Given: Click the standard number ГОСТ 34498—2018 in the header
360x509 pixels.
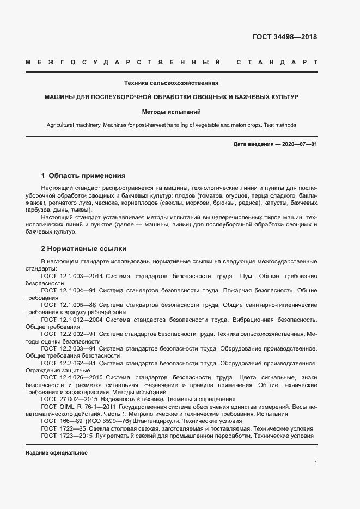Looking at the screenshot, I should coord(284,37).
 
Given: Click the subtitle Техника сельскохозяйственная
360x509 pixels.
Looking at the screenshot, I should coord(172,83).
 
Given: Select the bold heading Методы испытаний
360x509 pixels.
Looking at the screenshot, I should coord(172,112).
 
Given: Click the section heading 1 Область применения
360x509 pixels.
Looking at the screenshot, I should coord(83,176).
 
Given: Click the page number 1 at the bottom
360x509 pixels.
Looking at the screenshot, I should coord(315,462).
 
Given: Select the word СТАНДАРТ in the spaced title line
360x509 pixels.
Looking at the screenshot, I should coord(277,63).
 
